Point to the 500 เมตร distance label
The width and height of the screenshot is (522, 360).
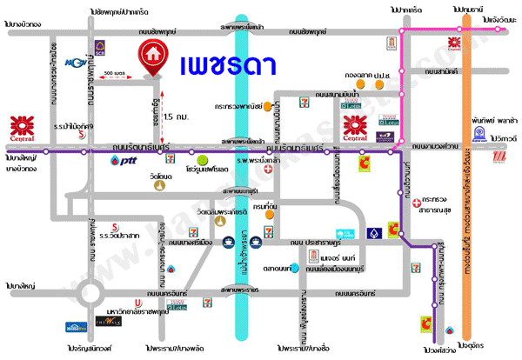tap(114, 74)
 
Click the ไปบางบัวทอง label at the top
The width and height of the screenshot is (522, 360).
tap(23, 24)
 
